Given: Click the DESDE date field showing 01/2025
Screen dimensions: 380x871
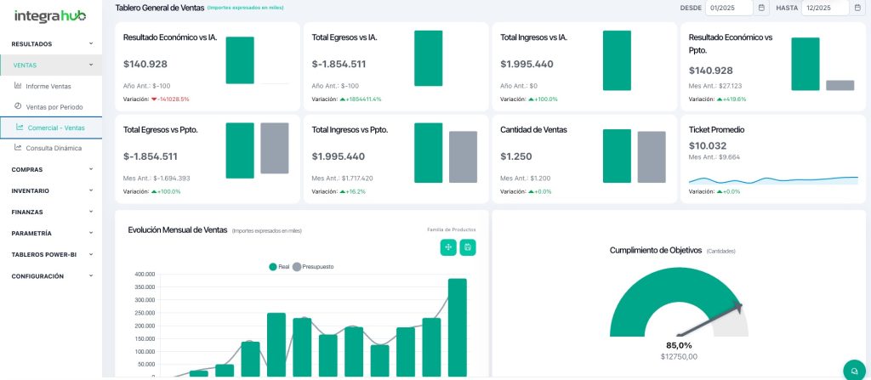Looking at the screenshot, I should tap(730, 8).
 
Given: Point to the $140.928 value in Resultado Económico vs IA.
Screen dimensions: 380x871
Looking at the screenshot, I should tap(145, 64).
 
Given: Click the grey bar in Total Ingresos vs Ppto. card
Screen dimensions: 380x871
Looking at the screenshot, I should tap(463, 156).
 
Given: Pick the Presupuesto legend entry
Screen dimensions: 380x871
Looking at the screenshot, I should tap(313, 267).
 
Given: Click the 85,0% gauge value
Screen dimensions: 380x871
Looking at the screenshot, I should tap(679, 345).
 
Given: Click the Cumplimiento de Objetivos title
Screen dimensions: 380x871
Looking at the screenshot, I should tap(656, 250).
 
